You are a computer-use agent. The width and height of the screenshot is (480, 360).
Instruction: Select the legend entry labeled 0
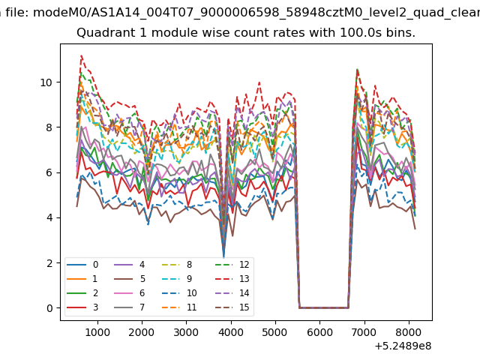tap(82, 265)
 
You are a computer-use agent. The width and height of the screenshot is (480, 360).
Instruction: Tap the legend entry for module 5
tap(130, 279)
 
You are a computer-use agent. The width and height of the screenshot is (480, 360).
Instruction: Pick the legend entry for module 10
tap(179, 293)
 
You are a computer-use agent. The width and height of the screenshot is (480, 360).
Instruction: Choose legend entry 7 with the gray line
tap(130, 307)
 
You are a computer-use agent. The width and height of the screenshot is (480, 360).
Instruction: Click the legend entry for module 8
tap(177, 265)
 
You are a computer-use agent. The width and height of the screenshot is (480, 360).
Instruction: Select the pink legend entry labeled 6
tap(130, 293)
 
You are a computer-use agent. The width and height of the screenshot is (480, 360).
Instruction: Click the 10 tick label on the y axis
tap(46, 82)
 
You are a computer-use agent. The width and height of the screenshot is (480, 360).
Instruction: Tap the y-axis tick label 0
tap(49, 308)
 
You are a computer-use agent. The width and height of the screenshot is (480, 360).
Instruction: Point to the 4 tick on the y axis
tap(49, 217)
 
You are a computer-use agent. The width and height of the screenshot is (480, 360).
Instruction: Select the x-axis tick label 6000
tap(320, 332)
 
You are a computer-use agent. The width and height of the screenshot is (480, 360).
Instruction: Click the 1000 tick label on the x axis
tap(97, 332)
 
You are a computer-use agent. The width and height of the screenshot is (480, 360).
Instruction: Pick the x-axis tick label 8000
tap(409, 332)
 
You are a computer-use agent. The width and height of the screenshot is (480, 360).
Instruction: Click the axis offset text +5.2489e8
tap(403, 346)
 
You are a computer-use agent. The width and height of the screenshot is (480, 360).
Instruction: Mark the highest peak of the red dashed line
tap(82, 55)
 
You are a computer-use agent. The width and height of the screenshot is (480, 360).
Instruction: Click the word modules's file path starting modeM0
tap(256, 13)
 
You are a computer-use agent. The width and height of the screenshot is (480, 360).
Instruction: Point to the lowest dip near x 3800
tap(223, 257)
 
